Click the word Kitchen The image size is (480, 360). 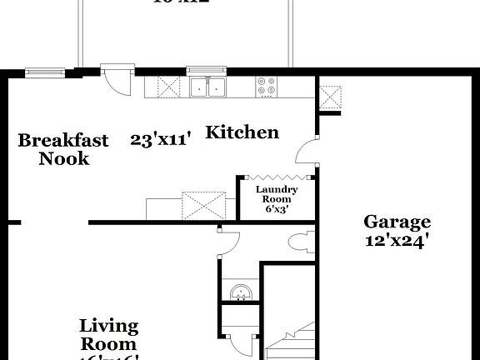pyautogui.click(x=242, y=132)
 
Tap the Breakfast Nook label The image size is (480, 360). pyautogui.click(x=63, y=148)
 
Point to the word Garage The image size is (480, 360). pyautogui.click(x=397, y=222)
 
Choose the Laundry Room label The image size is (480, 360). pyautogui.click(x=276, y=195)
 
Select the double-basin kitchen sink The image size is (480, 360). pyautogui.click(x=208, y=86)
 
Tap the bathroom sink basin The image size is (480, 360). pyautogui.click(x=239, y=293)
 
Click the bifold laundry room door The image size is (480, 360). pyautogui.click(x=277, y=177)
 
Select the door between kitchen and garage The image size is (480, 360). pyautogui.click(x=308, y=154)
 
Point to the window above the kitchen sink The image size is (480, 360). pyautogui.click(x=207, y=70)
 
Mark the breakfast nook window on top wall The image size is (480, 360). pyautogui.click(x=40, y=70)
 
